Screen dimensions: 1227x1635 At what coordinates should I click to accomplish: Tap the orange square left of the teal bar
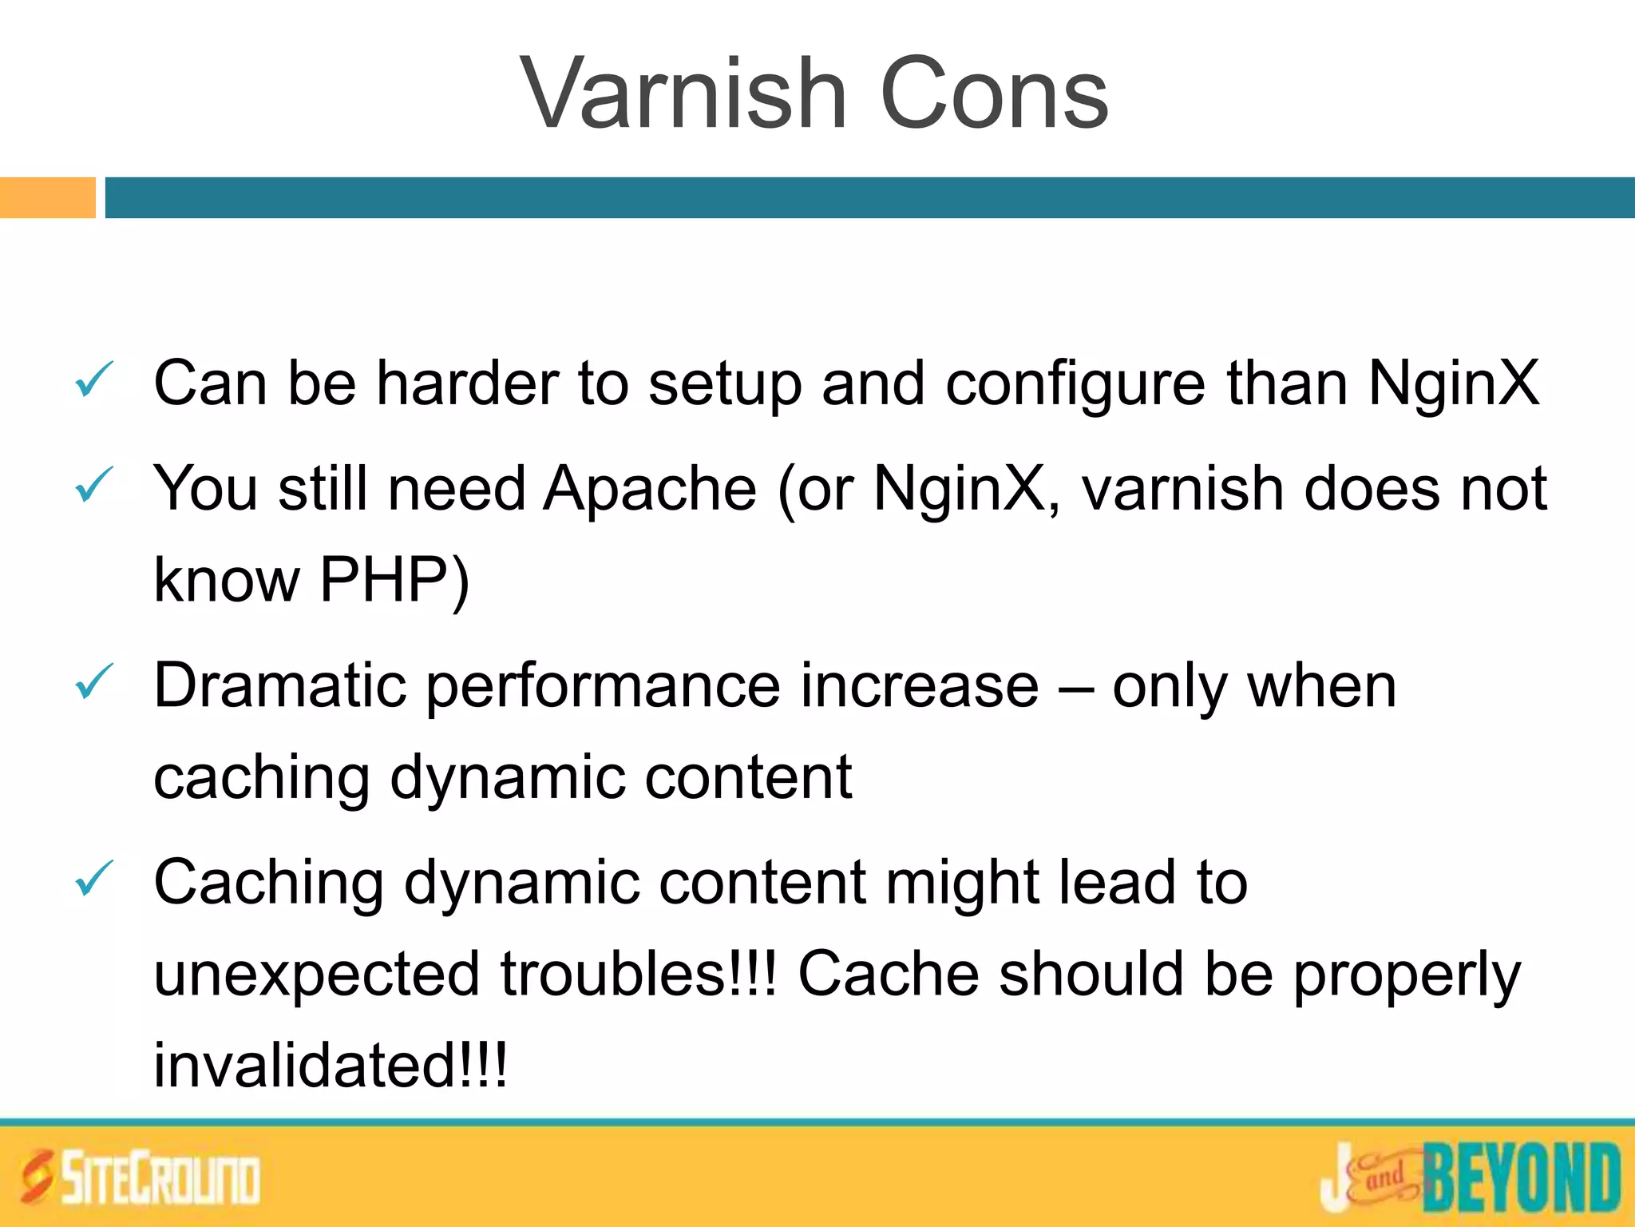47,197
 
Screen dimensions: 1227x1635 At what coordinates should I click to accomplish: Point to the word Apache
650,489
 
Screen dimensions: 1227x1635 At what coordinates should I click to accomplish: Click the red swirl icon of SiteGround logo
37,1177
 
